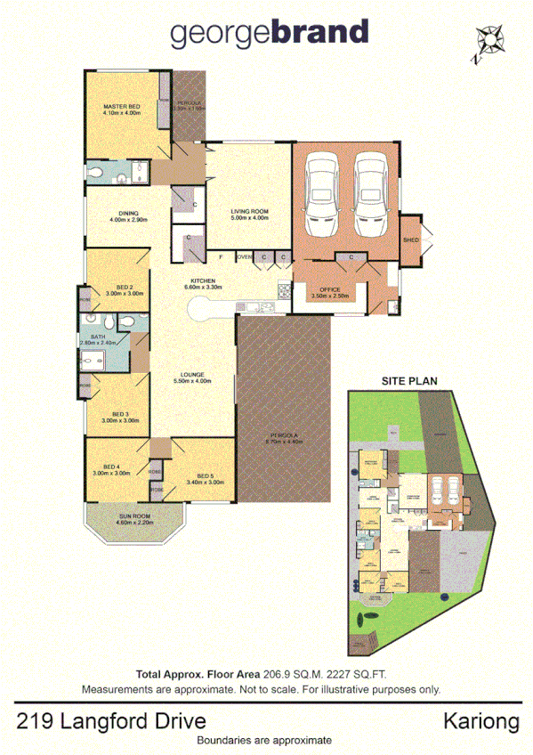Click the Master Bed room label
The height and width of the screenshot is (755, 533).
(121, 107)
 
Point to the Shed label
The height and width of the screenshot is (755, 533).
(410, 240)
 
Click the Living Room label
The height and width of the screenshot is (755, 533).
(249, 210)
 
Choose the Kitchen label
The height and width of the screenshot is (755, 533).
(201, 281)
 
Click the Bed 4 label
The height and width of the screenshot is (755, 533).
(111, 467)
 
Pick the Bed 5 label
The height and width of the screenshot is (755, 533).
(204, 475)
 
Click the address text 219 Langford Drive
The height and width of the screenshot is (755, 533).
(111, 719)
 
